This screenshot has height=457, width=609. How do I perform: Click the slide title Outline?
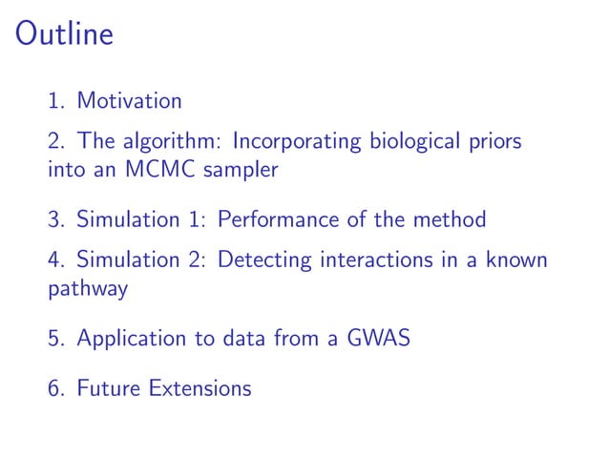pyautogui.click(x=65, y=35)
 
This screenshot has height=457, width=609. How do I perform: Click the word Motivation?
pyautogui.click(x=129, y=100)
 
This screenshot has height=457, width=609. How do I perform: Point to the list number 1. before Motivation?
pyautogui.click(x=56, y=100)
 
